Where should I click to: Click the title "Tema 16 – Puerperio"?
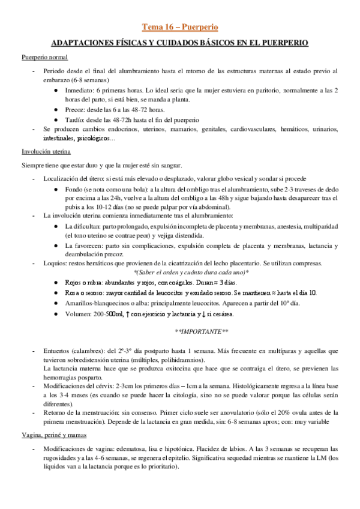pos(179,27)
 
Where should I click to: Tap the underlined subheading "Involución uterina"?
pos(46,152)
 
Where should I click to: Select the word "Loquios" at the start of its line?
pos(55,263)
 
